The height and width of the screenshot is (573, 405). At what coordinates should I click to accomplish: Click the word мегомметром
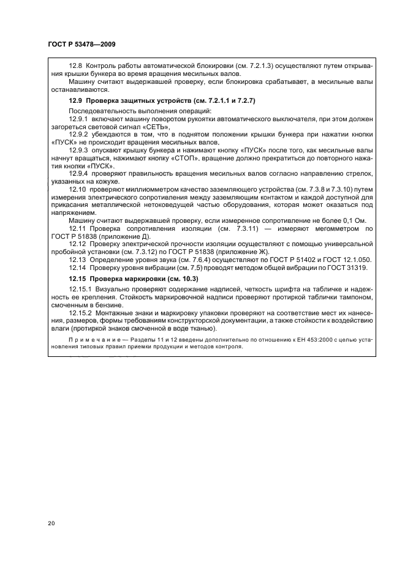click(x=319, y=228)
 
